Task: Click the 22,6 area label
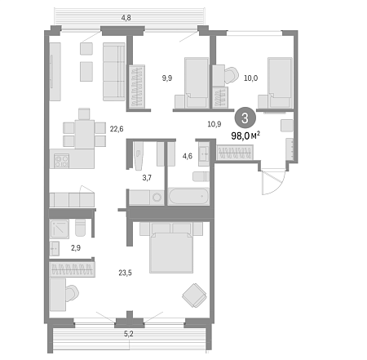(117, 129)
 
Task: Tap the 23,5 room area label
(125, 273)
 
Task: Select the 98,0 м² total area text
(245, 136)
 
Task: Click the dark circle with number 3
(245, 118)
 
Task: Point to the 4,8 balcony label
(126, 18)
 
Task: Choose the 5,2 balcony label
(129, 334)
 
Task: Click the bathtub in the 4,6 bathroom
(188, 196)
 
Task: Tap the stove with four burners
(61, 161)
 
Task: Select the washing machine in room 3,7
(157, 198)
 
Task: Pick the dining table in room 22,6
(85, 134)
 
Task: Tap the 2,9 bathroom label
(76, 248)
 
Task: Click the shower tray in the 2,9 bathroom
(60, 229)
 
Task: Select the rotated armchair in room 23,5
(194, 296)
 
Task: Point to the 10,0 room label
(250, 78)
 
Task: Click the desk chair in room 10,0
(231, 75)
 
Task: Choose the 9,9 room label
(167, 78)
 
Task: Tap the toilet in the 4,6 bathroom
(201, 176)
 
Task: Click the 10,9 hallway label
(214, 124)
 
